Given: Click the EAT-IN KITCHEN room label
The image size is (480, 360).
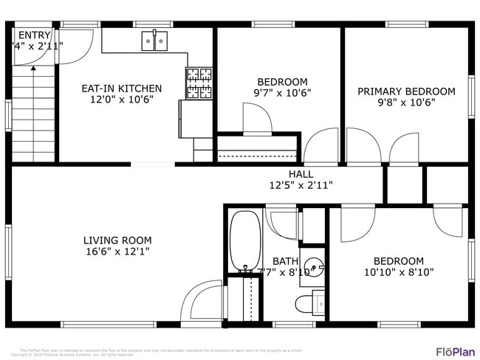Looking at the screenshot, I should click(x=121, y=89).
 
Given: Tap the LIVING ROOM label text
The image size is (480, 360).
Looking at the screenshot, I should click(x=117, y=240).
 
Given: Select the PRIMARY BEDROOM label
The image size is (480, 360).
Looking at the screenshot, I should click(x=406, y=91).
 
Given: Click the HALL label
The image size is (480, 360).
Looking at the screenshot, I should click(x=301, y=174).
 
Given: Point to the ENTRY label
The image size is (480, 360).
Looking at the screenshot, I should click(x=35, y=35).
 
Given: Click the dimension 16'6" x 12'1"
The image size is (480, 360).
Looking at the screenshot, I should click(x=117, y=252).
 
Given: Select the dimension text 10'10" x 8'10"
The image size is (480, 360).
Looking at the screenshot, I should click(x=398, y=272).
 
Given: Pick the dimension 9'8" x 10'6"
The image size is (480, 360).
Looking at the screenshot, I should click(x=406, y=103).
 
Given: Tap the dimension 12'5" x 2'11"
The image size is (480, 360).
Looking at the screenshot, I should click(x=301, y=185).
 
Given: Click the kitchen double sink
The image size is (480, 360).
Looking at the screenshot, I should click(x=155, y=42).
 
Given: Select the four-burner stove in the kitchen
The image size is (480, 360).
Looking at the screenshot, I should click(x=198, y=83).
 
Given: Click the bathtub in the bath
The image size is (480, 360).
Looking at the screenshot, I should click(x=243, y=240).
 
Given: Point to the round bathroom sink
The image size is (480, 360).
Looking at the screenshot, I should click(x=315, y=265).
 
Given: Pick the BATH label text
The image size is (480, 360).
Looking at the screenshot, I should click(x=285, y=261).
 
